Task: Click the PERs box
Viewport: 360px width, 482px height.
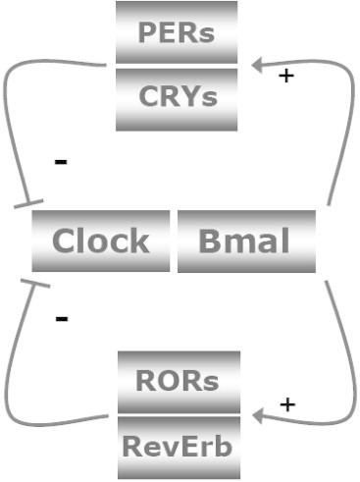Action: point(177,31)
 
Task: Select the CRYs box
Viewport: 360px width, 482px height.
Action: point(177,97)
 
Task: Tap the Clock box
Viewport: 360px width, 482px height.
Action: point(101,241)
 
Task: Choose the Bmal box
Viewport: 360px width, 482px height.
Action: point(245,241)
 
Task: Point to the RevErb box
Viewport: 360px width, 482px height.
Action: point(177,446)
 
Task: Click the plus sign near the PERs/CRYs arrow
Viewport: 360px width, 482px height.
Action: point(285,75)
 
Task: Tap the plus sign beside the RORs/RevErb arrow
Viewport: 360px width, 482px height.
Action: point(286,404)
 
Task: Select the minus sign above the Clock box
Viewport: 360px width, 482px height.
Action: point(61,160)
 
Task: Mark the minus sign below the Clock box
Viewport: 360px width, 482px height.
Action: point(61,319)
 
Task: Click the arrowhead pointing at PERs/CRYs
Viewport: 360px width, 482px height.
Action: point(258,66)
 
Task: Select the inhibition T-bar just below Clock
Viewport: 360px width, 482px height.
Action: point(35,283)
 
